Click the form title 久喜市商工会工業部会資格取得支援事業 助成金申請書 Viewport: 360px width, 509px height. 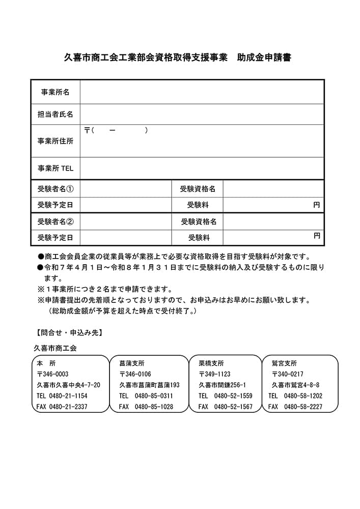(x=178, y=58)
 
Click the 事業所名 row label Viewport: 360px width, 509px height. (x=55, y=92)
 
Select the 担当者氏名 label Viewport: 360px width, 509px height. (x=55, y=115)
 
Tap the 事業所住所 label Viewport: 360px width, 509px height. (x=55, y=141)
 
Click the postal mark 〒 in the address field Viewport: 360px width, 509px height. (x=87, y=131)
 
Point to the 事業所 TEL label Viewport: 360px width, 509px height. (x=55, y=168)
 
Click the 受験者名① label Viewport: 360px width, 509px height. (x=55, y=189)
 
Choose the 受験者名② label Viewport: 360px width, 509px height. (x=55, y=221)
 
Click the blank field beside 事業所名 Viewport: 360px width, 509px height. (x=202, y=92)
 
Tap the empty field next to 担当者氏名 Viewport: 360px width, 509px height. (x=202, y=115)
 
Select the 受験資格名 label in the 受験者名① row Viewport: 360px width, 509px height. (x=198, y=189)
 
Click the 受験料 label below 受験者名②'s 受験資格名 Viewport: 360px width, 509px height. (x=199, y=237)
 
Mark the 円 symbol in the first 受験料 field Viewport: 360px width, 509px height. (x=316, y=205)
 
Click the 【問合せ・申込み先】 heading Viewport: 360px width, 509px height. (x=69, y=333)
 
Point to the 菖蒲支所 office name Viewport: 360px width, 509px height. (x=131, y=363)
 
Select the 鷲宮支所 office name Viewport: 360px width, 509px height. (x=284, y=363)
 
